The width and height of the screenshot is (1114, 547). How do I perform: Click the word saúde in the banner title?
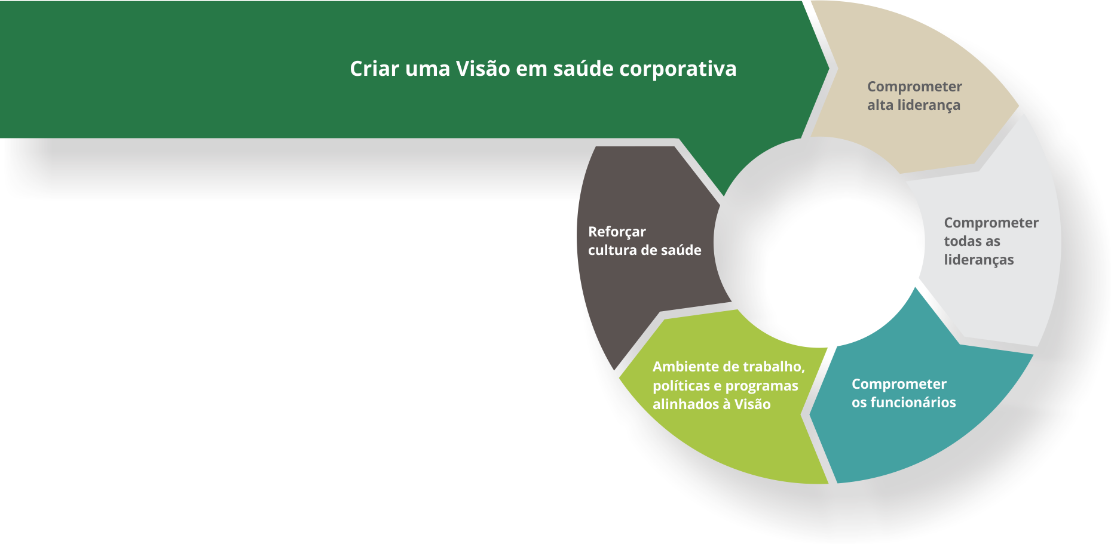(x=583, y=69)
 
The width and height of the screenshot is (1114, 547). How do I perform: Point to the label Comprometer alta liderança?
(x=914, y=96)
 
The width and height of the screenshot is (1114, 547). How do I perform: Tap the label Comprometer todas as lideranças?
(x=991, y=241)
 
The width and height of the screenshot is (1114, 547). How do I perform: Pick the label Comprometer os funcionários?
(x=904, y=393)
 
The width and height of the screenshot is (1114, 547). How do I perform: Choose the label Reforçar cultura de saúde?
(x=644, y=241)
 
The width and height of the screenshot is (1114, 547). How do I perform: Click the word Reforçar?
(x=617, y=232)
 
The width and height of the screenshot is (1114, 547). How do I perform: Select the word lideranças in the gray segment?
(x=979, y=260)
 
